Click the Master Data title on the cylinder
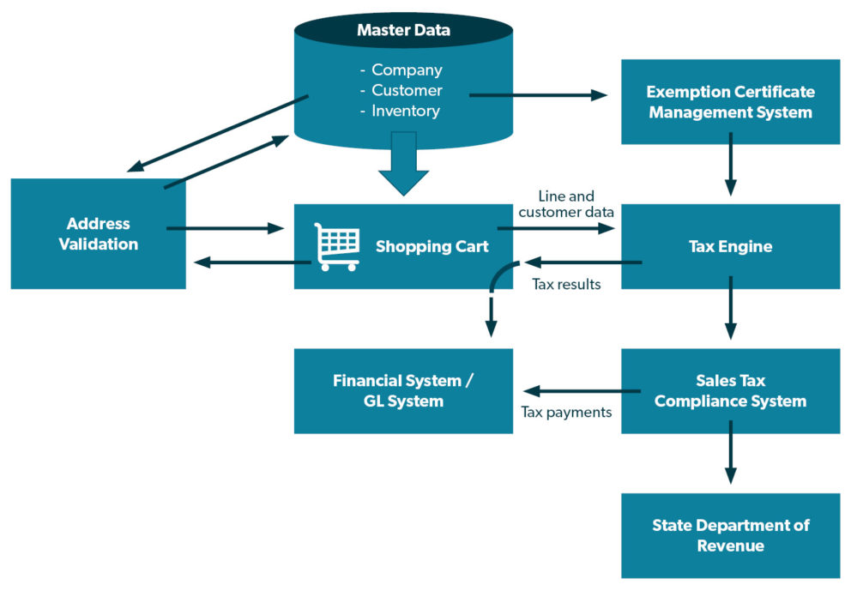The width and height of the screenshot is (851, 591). pos(403,32)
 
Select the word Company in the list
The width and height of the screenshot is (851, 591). pos(407,70)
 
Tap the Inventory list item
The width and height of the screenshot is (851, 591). pos(405,111)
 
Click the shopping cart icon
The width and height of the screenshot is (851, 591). pos(336,246)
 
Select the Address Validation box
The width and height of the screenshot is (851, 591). pos(98,233)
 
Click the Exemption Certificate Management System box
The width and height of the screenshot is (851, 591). pos(730,101)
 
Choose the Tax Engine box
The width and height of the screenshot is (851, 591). pos(730,247)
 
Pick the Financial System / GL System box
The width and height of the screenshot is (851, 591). pos(403,390)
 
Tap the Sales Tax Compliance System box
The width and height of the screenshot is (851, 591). pos(730,390)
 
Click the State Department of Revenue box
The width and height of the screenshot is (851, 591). pos(730,535)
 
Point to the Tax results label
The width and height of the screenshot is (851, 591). pos(566,284)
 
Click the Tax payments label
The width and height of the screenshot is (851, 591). pos(566,413)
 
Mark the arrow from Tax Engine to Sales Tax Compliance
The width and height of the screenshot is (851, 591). pos(730,316)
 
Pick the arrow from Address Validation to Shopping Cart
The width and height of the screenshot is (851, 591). pos(225,228)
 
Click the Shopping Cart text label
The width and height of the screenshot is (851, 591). pos(432,247)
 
